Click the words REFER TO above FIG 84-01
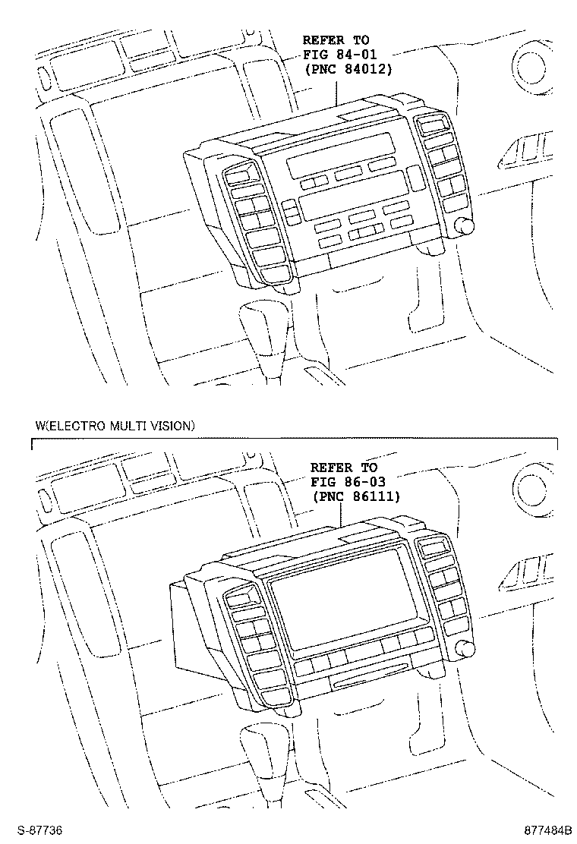336,40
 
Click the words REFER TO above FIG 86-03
344,468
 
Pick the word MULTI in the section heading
129,426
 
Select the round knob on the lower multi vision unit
465,649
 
